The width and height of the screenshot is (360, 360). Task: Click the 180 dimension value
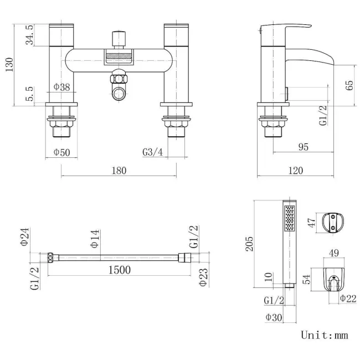(119, 171)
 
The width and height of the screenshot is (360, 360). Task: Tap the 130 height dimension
(9, 65)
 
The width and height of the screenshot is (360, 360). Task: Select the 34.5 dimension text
(29, 35)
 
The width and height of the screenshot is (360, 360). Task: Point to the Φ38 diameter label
(61, 87)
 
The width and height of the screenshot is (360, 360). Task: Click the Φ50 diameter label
(61, 152)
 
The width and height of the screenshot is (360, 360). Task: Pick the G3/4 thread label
(153, 152)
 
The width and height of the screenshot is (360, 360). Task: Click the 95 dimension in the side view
(304, 147)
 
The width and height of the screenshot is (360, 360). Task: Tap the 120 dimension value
(296, 171)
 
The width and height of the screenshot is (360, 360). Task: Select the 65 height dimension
(349, 85)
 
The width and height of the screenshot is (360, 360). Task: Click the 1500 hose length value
(120, 270)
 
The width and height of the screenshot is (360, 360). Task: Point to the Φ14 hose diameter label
(95, 239)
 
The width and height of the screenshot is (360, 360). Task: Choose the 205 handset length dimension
(249, 244)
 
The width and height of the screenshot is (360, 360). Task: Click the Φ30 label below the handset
(274, 317)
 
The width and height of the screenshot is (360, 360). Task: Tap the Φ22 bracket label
(348, 299)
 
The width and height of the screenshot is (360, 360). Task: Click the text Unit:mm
(325, 335)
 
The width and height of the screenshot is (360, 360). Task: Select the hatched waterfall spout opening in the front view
(119, 56)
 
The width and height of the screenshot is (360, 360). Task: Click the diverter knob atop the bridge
(119, 38)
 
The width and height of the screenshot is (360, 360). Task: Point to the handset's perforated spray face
(290, 218)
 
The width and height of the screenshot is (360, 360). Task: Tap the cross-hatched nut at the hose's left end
(50, 258)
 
